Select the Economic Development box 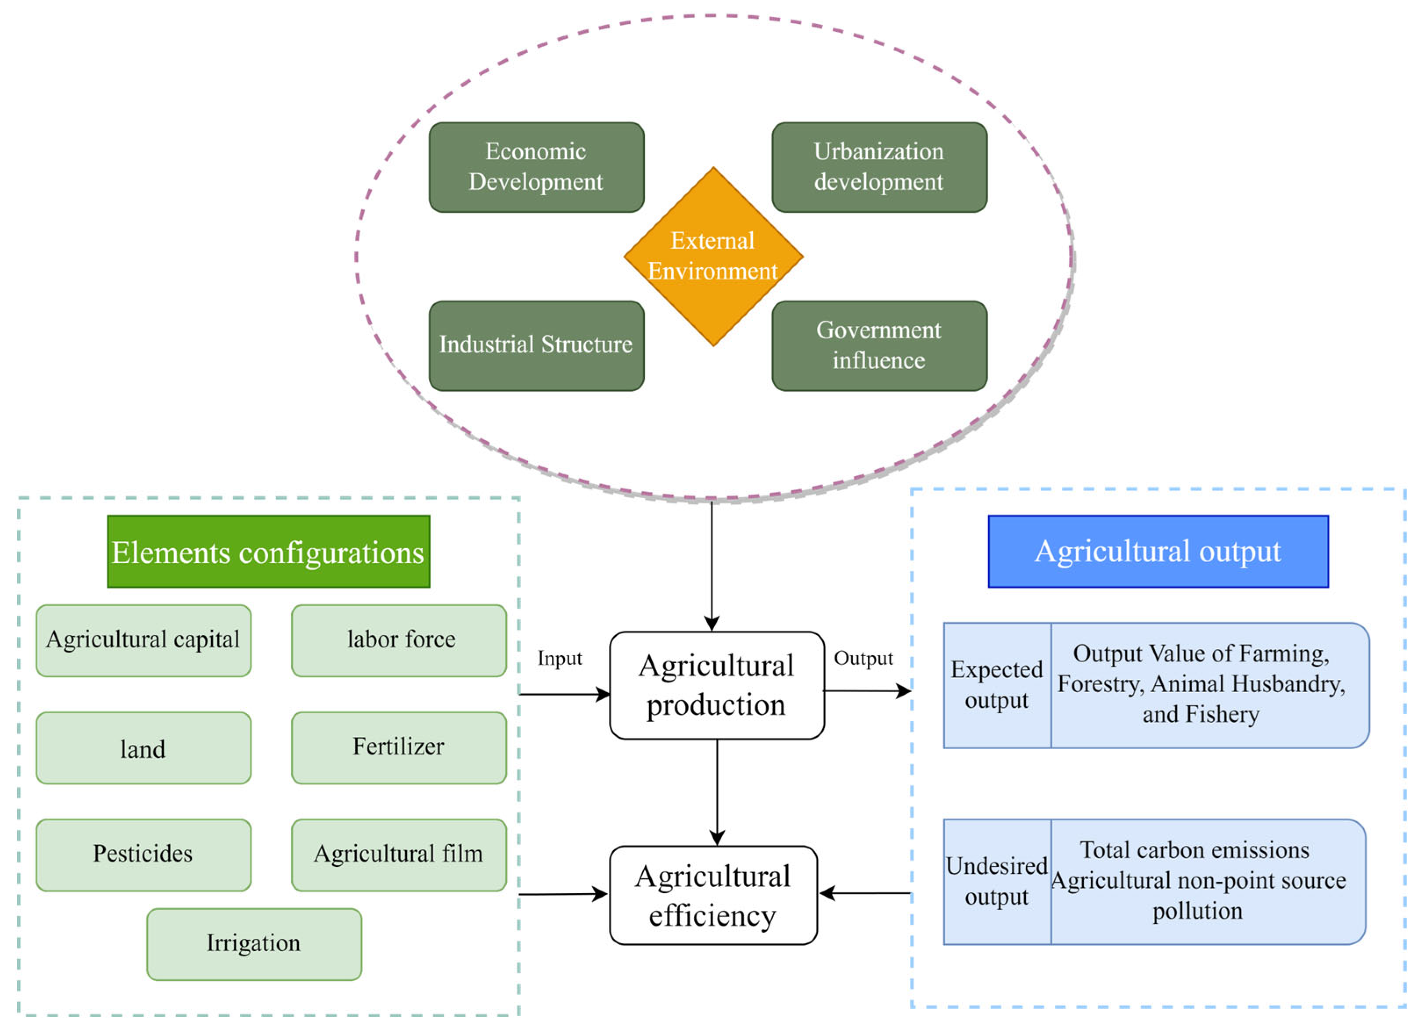[536, 167]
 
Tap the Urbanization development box [879, 167]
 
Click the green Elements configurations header [268, 551]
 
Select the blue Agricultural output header [1157, 551]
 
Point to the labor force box [399, 640]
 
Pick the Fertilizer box [399, 748]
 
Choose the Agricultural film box [399, 854]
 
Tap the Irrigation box [254, 944]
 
